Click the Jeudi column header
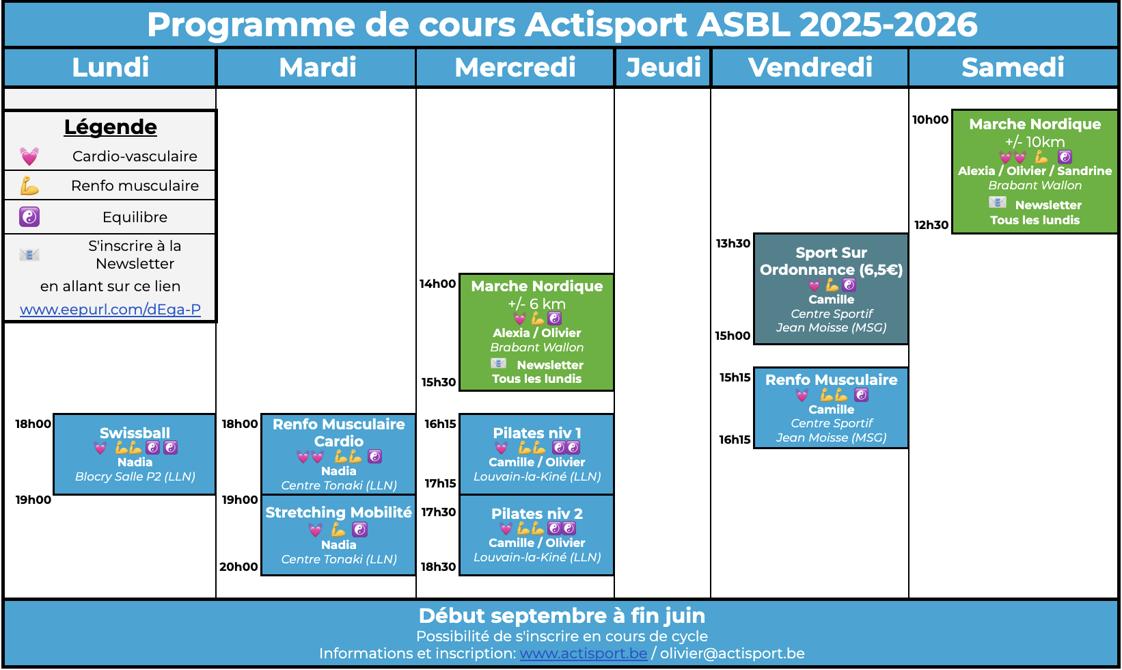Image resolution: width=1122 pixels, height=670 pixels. tap(663, 67)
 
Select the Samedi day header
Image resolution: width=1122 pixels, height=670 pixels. tap(1013, 67)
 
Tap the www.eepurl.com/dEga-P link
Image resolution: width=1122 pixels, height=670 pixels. tap(110, 309)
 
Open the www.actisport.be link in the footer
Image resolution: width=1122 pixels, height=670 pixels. tap(584, 654)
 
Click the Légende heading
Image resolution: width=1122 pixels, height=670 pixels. tap(110, 126)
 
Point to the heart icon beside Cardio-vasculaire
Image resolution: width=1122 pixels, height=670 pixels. tap(29, 157)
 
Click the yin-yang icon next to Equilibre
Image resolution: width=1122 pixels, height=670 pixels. tap(29, 217)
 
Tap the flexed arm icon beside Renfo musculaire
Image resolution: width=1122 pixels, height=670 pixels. tap(29, 186)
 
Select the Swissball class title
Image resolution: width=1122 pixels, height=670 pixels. tap(135, 433)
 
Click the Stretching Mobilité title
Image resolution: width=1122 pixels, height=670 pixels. tap(339, 512)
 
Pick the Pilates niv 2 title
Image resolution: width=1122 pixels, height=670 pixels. tap(537, 513)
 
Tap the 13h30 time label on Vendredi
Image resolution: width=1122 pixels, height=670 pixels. tap(733, 243)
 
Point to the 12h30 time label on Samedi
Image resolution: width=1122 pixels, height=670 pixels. tap(931, 225)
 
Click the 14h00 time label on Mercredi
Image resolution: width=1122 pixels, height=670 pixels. tap(438, 284)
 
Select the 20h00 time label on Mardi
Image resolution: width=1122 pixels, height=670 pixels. tap(239, 567)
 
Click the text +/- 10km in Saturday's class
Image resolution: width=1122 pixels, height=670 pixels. tap(1035, 142)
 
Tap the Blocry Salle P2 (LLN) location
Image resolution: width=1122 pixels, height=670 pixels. tap(135, 477)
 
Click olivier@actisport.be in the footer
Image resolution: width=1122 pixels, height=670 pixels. tap(733, 654)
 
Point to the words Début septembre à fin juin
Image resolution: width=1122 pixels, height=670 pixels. tap(562, 615)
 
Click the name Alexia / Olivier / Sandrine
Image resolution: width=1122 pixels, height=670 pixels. tap(1035, 171)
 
